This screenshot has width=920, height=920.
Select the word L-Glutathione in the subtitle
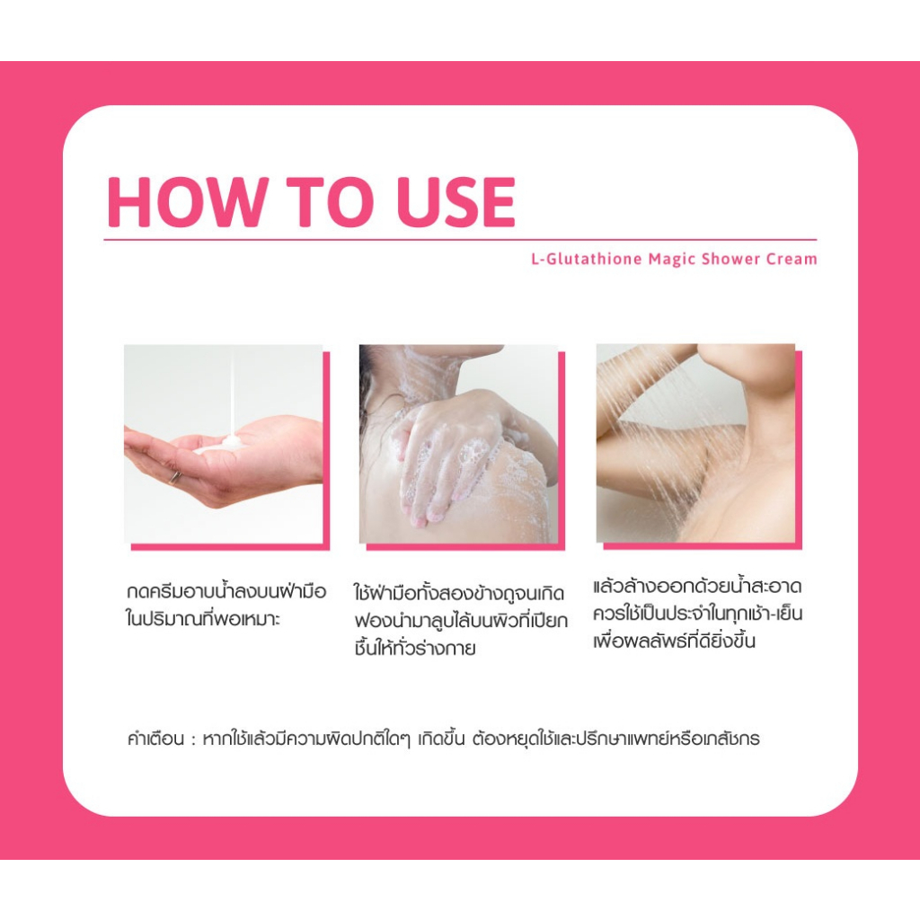click(586, 259)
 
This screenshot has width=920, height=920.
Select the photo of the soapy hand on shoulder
click(458, 444)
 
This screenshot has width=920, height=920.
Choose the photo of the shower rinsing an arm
click(696, 443)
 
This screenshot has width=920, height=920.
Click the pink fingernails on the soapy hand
click(418, 518)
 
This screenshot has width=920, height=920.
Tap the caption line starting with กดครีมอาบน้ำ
click(226, 590)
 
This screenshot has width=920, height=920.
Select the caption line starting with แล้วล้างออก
click(697, 587)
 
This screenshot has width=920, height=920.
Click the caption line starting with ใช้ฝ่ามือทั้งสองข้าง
click(459, 593)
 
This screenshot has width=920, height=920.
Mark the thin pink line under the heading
click(460, 240)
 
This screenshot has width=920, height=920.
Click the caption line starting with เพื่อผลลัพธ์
click(674, 640)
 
